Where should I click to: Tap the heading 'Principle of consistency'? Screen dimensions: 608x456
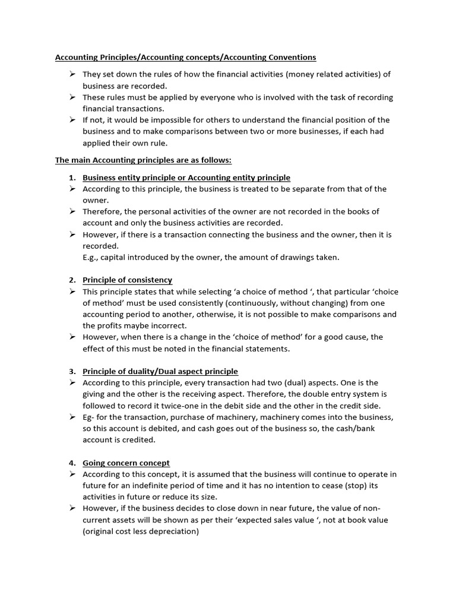tap(127, 280)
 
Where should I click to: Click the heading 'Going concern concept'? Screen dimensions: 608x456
tap(126, 463)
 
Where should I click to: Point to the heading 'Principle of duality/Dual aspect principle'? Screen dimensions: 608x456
tap(160, 372)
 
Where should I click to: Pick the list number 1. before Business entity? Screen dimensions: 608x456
tap(72, 178)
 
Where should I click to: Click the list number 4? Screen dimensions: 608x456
tap(72, 463)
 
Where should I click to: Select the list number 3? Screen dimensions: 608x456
tap(72, 372)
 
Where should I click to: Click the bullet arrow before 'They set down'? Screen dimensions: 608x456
tap(72, 74)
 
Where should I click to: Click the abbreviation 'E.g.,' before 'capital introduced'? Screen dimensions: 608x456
tap(93, 257)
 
